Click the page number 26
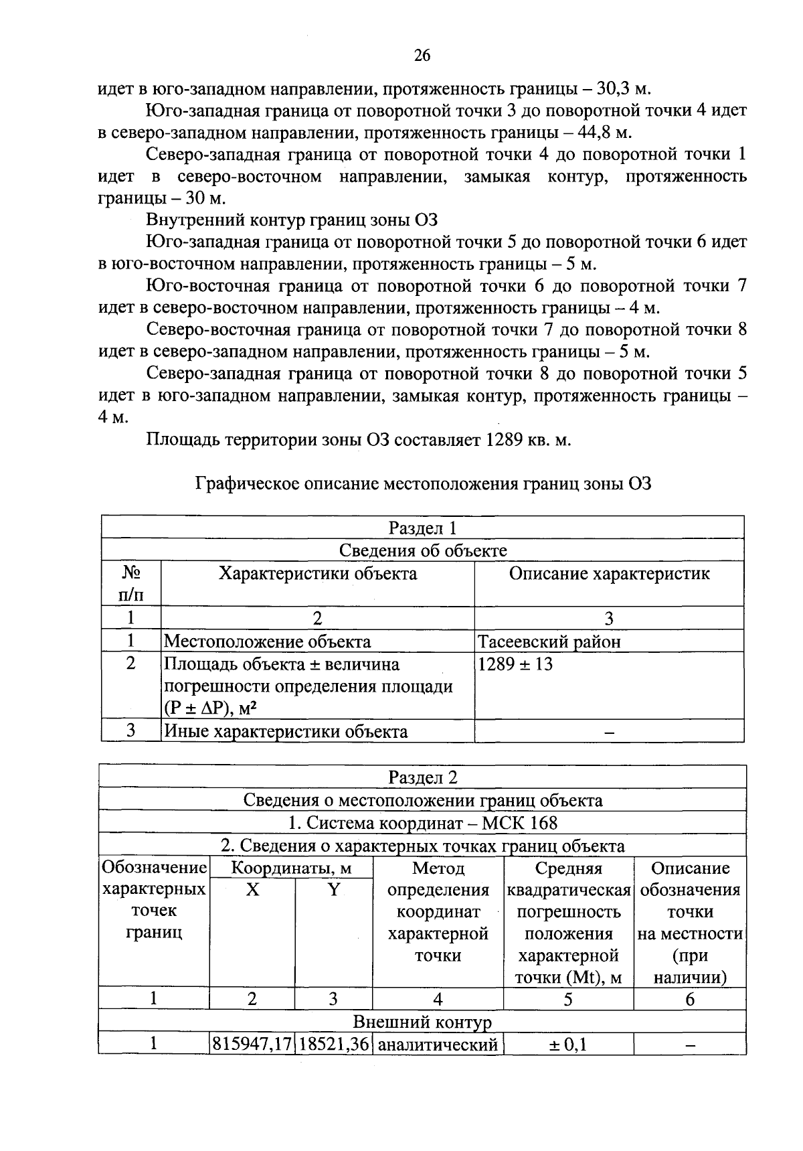pos(422,56)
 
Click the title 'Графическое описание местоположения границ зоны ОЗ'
pos(423,484)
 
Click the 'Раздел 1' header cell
pos(422,528)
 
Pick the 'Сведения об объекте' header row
pos(422,550)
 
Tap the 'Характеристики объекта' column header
pos(318,574)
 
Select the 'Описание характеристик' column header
pos(609,574)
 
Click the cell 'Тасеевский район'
pos(549,642)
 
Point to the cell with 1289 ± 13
pos(515,665)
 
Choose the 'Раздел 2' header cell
pos(422,778)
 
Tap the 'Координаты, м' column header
pos(291,869)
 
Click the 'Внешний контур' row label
pos(422,1022)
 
